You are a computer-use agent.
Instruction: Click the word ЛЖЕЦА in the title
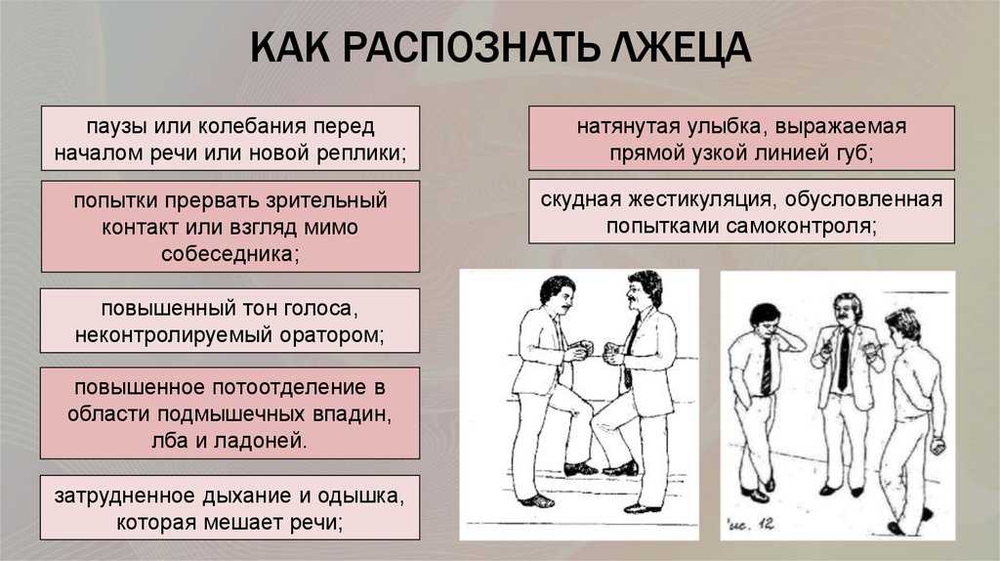[680, 47]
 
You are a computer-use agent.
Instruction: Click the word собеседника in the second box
[229, 254]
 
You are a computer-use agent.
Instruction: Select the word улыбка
[721, 127]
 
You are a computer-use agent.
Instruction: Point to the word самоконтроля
[801, 227]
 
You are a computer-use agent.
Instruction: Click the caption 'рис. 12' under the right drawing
[751, 525]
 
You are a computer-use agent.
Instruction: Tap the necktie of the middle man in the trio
[844, 360]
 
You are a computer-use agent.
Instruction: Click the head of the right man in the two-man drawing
[645, 290]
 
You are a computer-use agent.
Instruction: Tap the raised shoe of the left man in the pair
[579, 469]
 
